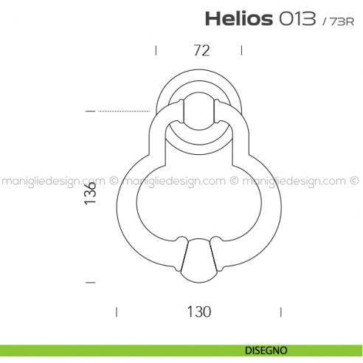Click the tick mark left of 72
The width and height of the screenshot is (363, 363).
pyautogui.click(x=156, y=50)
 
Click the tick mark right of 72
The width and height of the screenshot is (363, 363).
pyautogui.click(x=241, y=50)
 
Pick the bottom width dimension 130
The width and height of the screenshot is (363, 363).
pyautogui.click(x=198, y=311)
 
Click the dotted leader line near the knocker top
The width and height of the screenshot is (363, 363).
pyautogui.click(x=125, y=111)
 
